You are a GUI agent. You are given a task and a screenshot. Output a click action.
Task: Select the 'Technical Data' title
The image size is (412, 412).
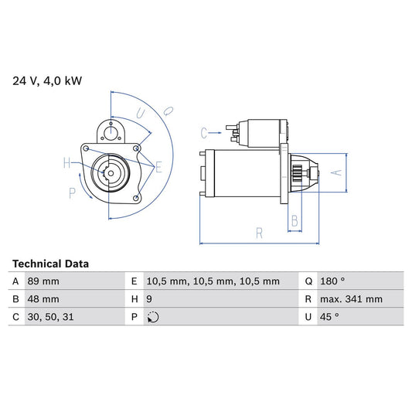click(50, 264)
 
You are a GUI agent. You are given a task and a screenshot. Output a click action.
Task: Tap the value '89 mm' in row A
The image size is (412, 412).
click(44, 281)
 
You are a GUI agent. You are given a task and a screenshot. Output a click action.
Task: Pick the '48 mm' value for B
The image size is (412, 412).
click(44, 298)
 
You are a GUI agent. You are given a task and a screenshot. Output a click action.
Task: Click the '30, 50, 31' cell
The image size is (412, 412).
click(51, 316)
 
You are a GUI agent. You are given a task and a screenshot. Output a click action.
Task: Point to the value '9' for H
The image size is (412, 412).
click(149, 298)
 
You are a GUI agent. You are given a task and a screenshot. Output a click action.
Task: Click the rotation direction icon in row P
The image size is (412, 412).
click(152, 316)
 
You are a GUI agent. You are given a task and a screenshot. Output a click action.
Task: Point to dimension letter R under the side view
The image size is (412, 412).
click(260, 231)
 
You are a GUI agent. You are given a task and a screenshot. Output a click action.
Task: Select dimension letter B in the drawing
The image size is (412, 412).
click(294, 221)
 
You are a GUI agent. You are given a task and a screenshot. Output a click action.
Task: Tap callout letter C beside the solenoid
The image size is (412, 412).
click(204, 131)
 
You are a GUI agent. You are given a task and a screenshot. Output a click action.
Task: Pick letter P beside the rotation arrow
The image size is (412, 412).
click(72, 192)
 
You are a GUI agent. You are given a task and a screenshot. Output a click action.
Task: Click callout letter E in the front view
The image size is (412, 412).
click(158, 166)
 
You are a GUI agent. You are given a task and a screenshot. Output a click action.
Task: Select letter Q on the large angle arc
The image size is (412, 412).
click(168, 111)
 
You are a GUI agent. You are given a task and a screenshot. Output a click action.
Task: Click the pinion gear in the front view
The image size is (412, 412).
click(111, 173)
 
